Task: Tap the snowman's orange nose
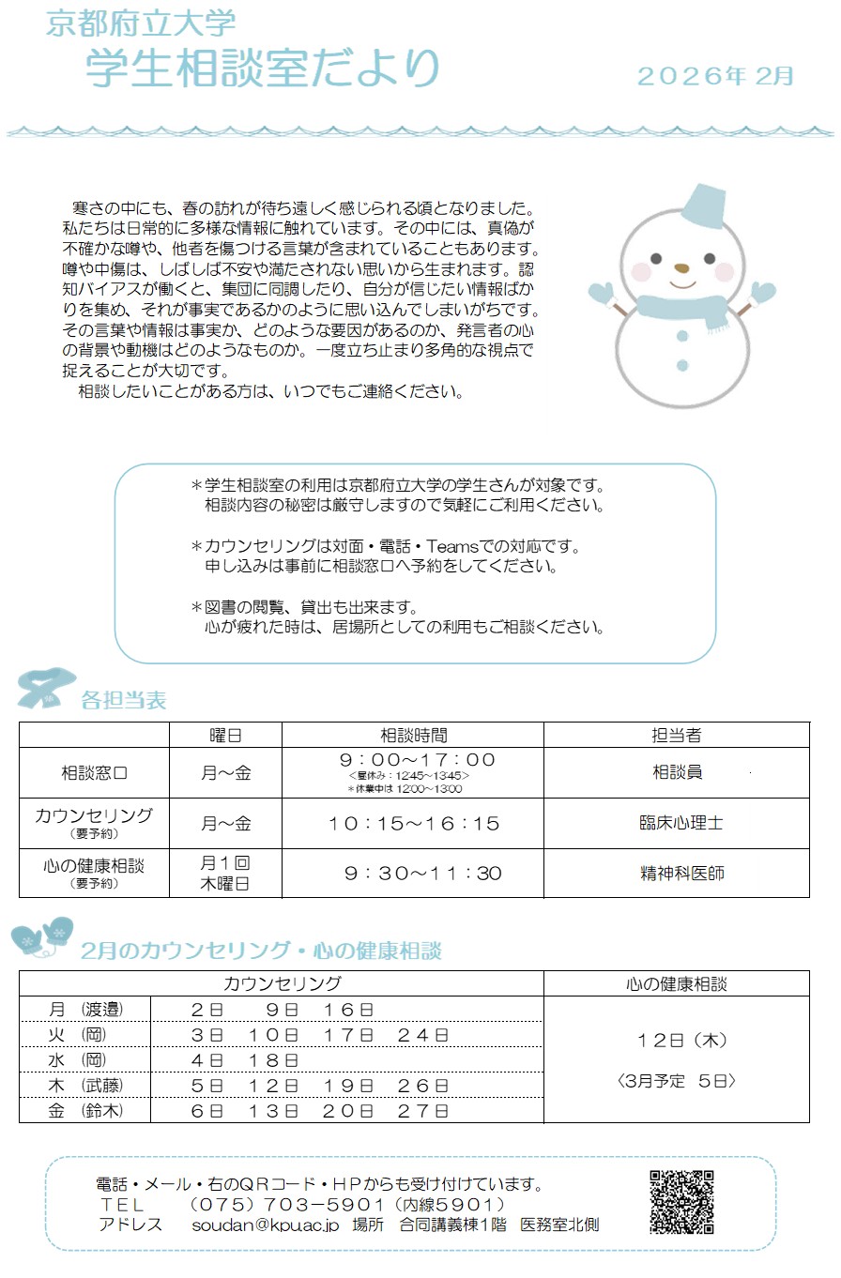tap(682, 267)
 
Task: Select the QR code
tap(682, 1202)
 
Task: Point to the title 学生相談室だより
tap(262, 68)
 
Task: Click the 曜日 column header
tap(225, 735)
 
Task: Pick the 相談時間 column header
tap(413, 735)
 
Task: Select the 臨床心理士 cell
tap(677, 823)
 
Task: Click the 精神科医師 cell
tap(677, 874)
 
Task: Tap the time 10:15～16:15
tap(414, 824)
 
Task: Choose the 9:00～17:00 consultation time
tap(417, 759)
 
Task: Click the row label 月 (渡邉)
tap(85, 1009)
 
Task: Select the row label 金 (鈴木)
tap(85, 1111)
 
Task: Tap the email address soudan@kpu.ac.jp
tap(265, 1225)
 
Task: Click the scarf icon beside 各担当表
tap(43, 691)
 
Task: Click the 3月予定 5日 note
tap(676, 1081)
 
